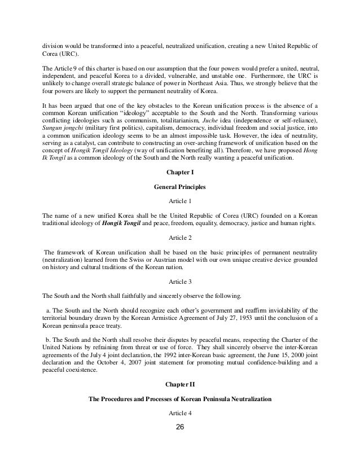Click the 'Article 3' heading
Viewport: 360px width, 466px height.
[x=180, y=280]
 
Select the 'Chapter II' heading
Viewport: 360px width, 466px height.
[x=180, y=384]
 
